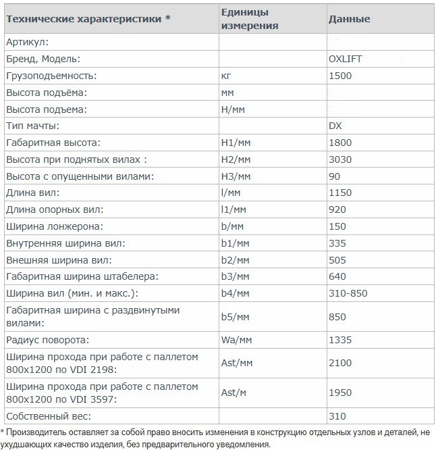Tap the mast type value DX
[x=335, y=126]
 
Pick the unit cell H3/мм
[x=236, y=176]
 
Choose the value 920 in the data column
[x=337, y=209]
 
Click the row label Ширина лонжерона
[x=54, y=226]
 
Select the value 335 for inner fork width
[x=337, y=243]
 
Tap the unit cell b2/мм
[x=236, y=259]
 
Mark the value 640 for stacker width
[x=337, y=276]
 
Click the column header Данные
[x=349, y=19]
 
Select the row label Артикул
[x=26, y=42]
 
